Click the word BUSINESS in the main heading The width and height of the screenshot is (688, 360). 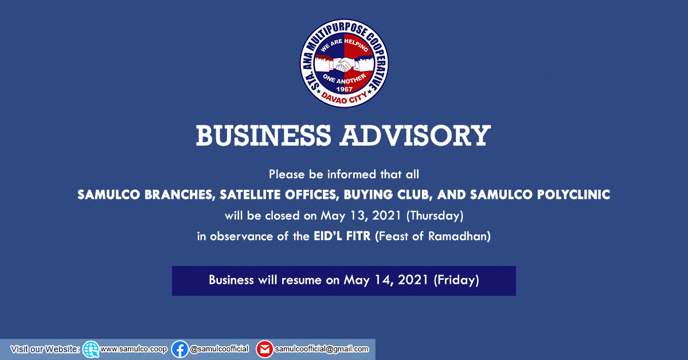[264, 135]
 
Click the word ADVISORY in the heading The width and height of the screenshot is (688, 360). [415, 135]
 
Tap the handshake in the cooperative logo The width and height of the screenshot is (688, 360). [344, 65]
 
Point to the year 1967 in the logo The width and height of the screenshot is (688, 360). [345, 89]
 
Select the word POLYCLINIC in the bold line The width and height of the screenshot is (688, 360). [573, 195]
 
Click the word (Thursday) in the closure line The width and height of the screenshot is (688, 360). [435, 216]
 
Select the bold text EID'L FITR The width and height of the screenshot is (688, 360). [342, 236]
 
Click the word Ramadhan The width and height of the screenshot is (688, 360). [459, 236]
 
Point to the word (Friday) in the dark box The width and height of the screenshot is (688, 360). [456, 280]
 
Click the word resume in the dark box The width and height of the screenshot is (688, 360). [302, 280]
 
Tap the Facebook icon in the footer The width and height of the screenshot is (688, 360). [179, 349]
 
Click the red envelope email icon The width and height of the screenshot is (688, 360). [264, 349]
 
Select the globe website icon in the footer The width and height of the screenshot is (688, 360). [91, 350]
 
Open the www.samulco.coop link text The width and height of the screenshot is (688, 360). [134, 349]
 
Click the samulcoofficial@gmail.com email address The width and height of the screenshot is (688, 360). [322, 349]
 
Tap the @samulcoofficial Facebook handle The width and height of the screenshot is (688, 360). [219, 349]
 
